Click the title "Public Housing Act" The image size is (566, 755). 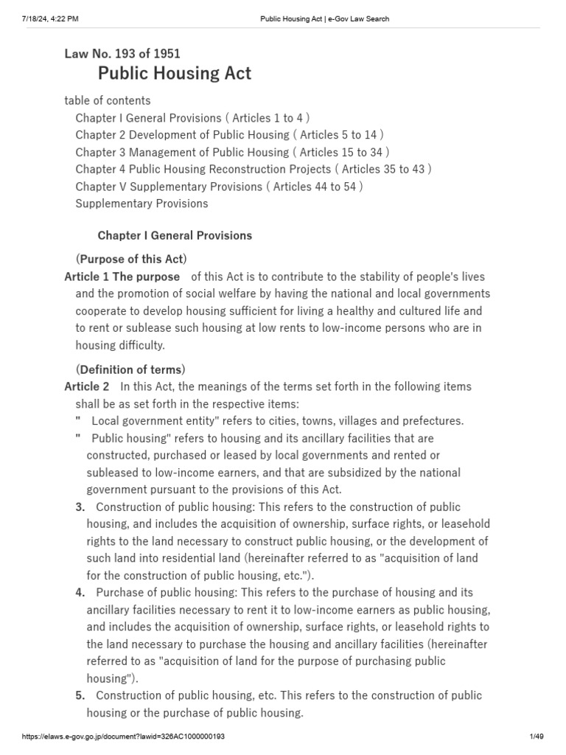[x=175, y=73]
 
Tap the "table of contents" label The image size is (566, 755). [x=108, y=100]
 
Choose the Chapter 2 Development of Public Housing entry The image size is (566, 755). [x=229, y=135]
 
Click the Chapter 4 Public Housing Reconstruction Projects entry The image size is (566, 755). [x=253, y=169]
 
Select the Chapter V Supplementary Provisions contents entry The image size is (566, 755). [x=219, y=187]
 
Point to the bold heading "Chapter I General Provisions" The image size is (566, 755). [x=175, y=235]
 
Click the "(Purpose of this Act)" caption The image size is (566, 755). [x=131, y=259]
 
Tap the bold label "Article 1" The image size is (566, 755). [x=86, y=276]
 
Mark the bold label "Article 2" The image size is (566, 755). [x=87, y=386]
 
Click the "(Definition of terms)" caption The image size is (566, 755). [x=131, y=369]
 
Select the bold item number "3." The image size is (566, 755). [x=80, y=507]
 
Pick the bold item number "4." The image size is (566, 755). [x=80, y=593]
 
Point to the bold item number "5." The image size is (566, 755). [x=80, y=695]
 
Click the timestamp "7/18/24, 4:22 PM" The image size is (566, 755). [x=44, y=19]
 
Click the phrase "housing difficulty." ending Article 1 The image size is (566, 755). [x=120, y=345]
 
